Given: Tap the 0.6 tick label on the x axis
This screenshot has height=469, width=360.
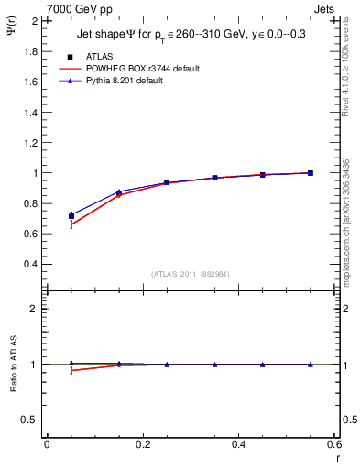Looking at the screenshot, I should (335, 444).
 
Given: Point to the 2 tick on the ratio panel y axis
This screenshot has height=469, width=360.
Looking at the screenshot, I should (34, 310).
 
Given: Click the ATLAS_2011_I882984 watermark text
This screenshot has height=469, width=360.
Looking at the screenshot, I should (191, 273).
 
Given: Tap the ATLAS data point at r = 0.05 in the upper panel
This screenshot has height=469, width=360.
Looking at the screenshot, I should (71, 216).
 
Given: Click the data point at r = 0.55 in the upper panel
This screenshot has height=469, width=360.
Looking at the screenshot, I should (311, 173).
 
